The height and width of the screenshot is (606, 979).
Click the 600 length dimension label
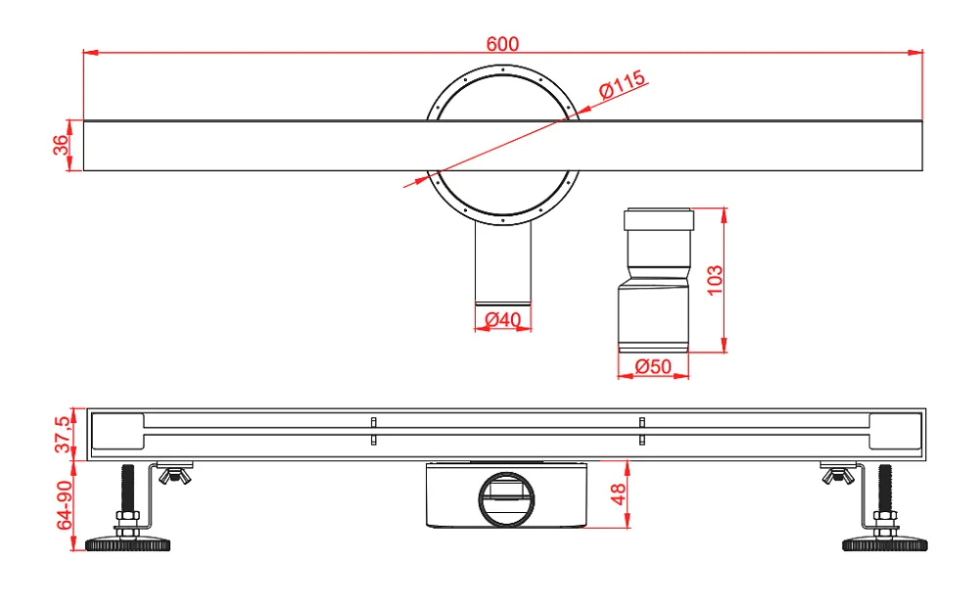tap(502, 44)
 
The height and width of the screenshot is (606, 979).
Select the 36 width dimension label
tap(61, 145)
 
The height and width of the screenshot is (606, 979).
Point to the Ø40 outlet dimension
tap(502, 319)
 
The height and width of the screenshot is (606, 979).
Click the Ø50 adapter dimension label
tap(653, 366)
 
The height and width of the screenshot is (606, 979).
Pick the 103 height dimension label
tap(715, 280)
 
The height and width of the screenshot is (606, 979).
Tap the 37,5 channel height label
tap(63, 435)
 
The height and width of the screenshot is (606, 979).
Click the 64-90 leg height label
tap(65, 505)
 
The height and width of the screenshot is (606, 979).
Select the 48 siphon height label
tap(618, 494)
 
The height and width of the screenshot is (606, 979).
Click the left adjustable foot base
tap(128, 544)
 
